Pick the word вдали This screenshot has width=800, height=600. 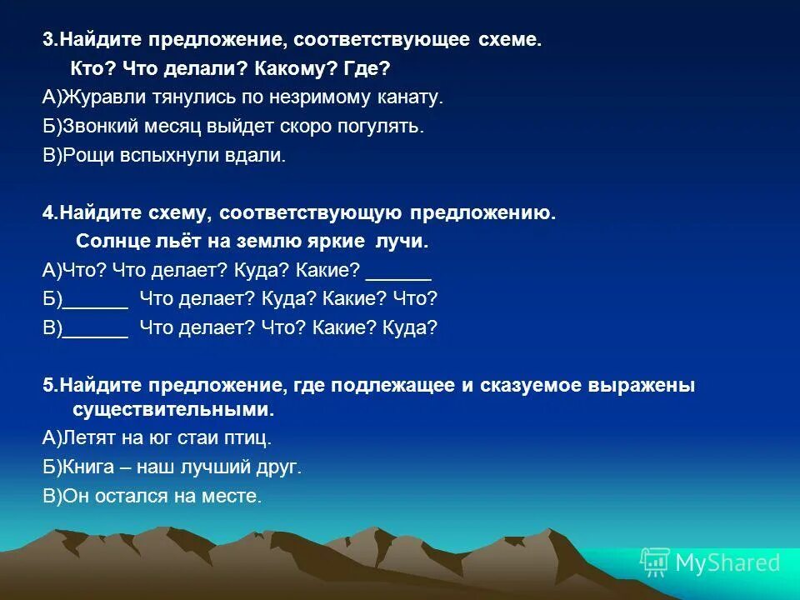click(261, 156)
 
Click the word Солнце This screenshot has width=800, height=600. click(112, 242)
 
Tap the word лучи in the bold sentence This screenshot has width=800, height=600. click(402, 242)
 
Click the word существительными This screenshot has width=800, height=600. click(172, 410)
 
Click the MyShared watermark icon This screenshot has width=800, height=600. click(654, 563)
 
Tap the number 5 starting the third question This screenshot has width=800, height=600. click(47, 386)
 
